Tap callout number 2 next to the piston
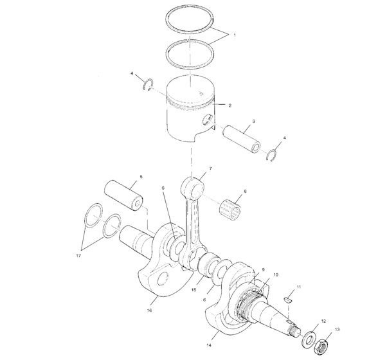[x=230, y=105]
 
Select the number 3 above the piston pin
[x=253, y=121]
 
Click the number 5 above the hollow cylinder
[x=141, y=176]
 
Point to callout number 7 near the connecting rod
[x=210, y=168]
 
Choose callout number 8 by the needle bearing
[x=244, y=191]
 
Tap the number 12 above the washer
[x=324, y=320]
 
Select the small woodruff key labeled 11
[x=289, y=299]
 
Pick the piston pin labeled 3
[x=244, y=142]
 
